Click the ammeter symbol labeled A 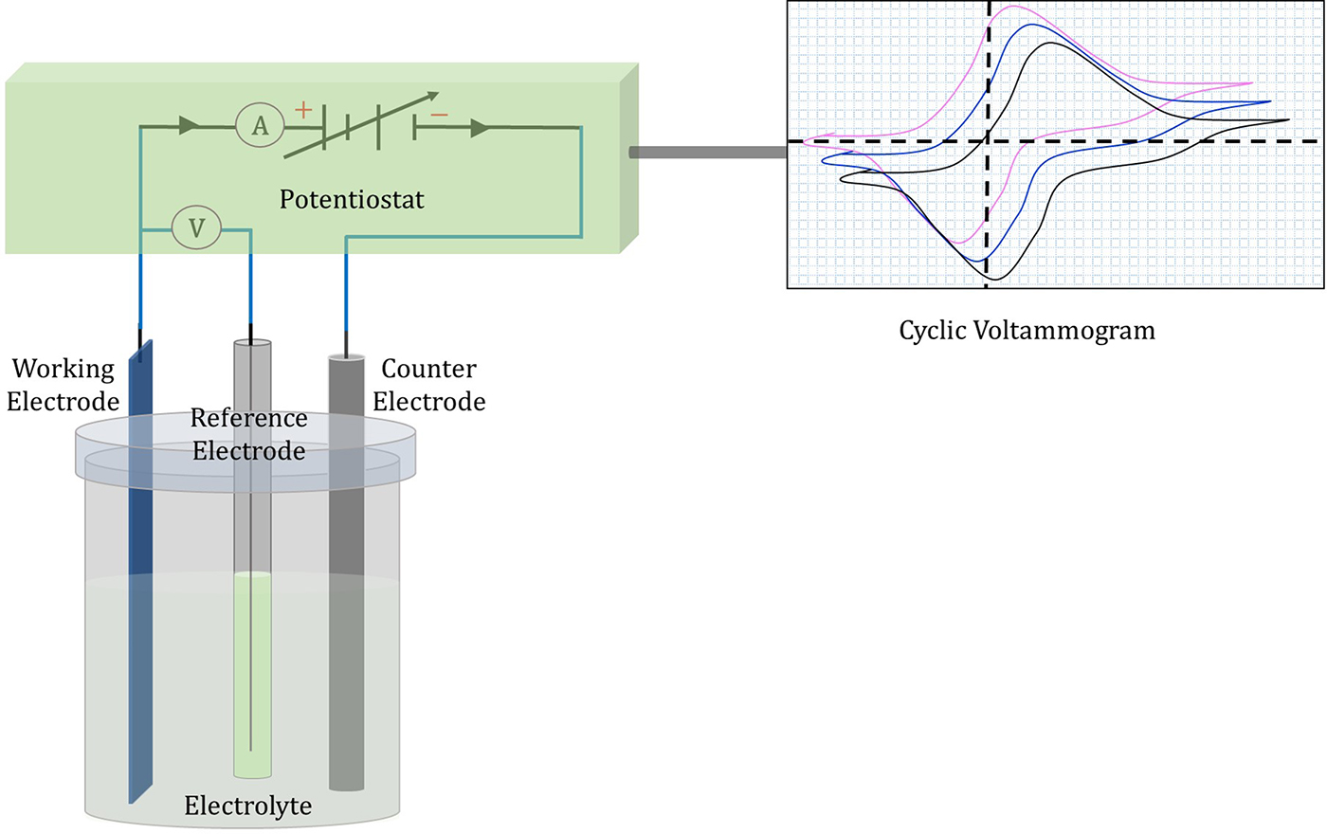tap(260, 125)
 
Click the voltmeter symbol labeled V tap(196, 227)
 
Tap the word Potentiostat tap(352, 200)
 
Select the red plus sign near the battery tap(303, 110)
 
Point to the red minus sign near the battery tap(439, 116)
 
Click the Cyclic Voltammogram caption tap(1027, 331)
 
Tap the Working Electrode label tap(63, 385)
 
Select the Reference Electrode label tap(249, 434)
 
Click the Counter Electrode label tap(428, 385)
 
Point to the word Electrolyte tap(247, 806)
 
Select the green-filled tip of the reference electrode tap(252, 673)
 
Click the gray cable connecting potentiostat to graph tap(707, 153)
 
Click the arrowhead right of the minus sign tap(482, 127)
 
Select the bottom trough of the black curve tap(995, 279)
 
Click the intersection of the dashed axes tap(988, 141)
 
